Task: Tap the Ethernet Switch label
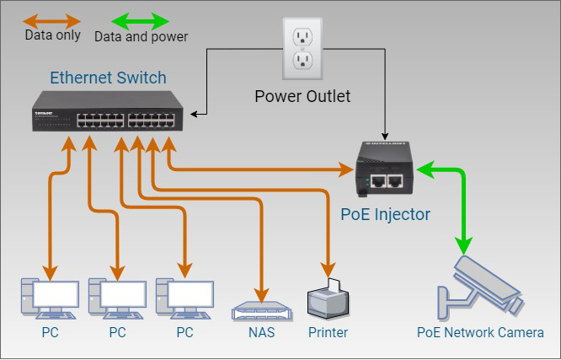(108, 78)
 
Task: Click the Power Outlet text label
(302, 96)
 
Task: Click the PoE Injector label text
(385, 214)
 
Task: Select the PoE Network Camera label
(480, 332)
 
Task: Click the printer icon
(328, 299)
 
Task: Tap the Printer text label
(328, 332)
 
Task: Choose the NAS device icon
(261, 310)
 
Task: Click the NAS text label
(261, 332)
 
